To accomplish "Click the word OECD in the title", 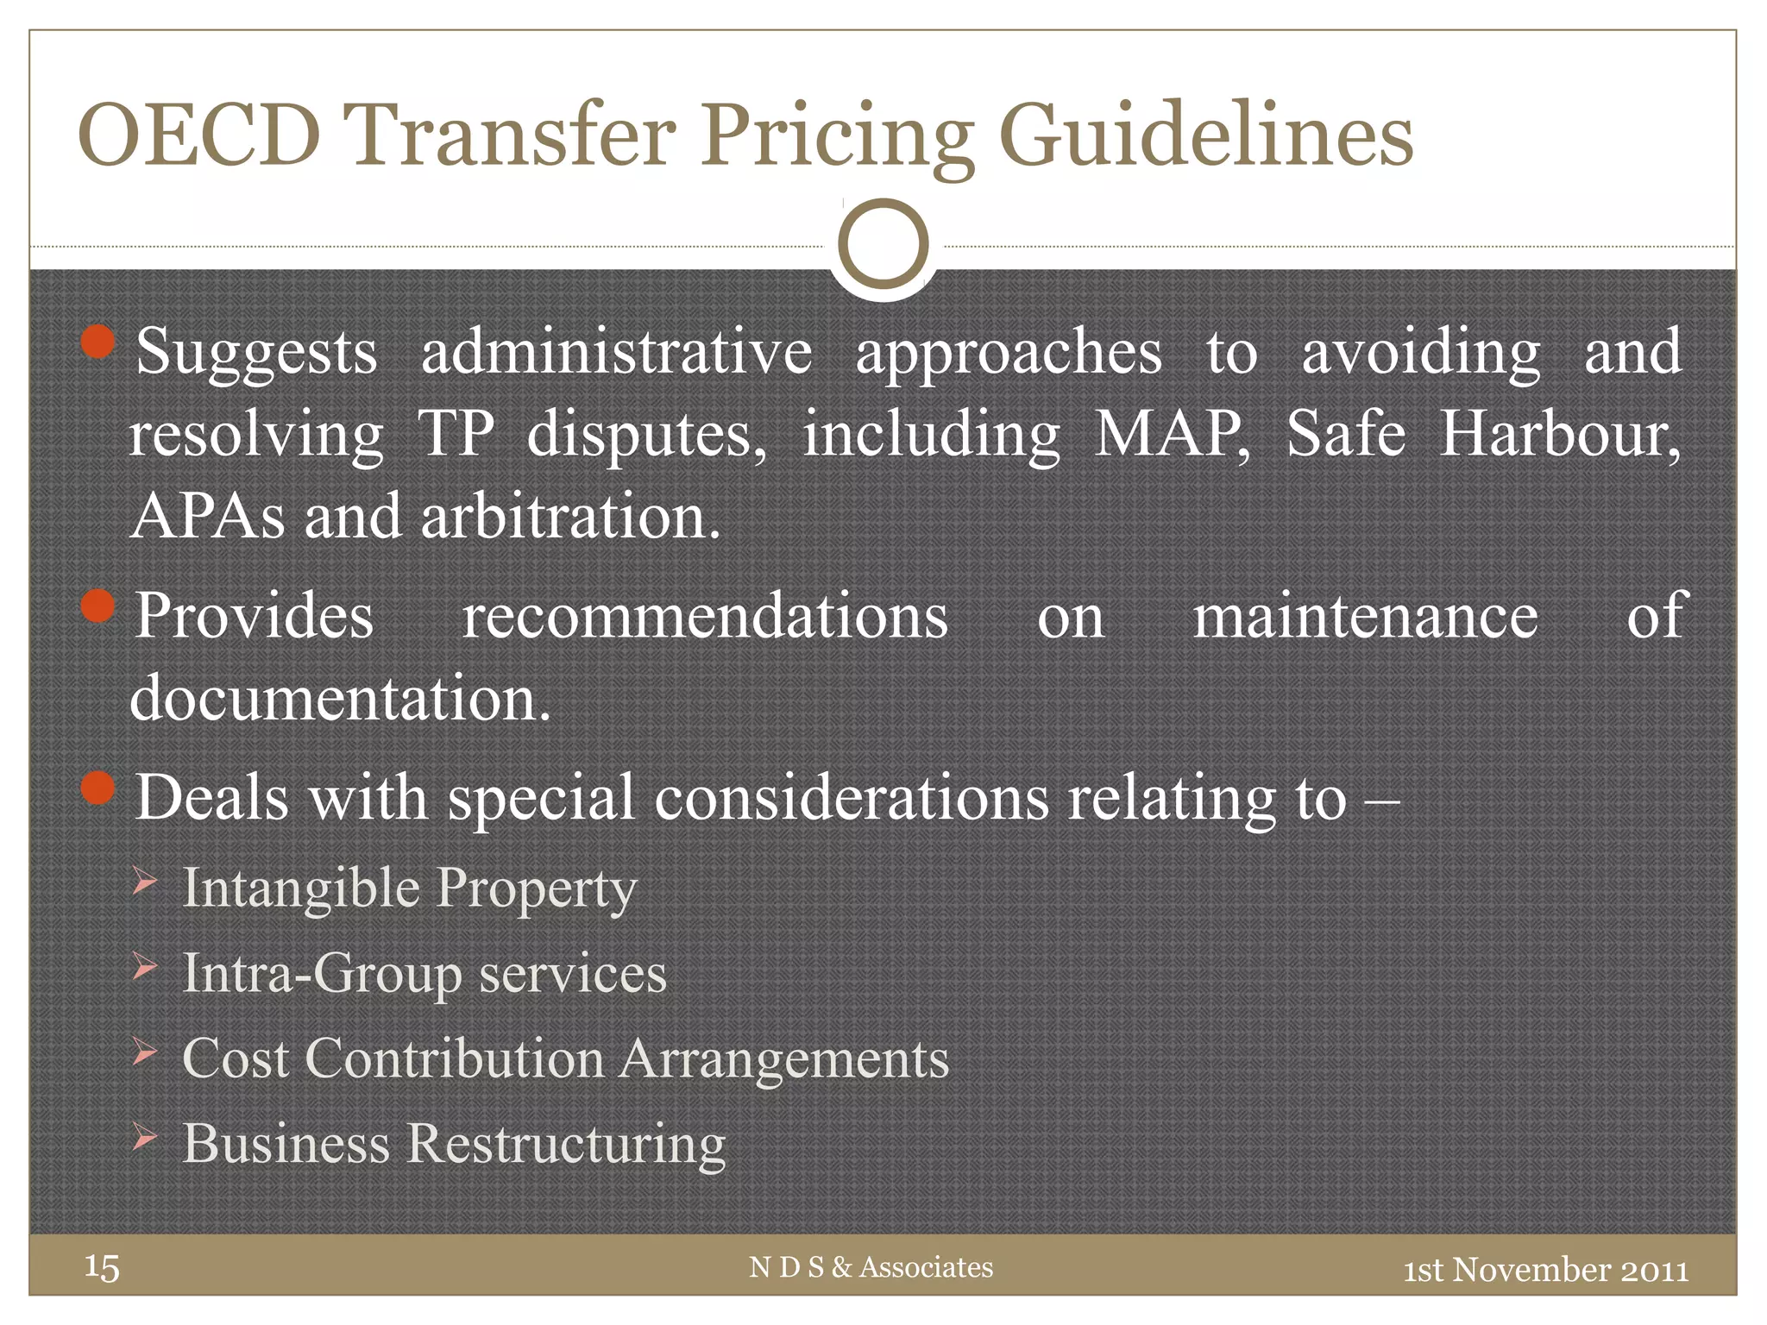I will [199, 135].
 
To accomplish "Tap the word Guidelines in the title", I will [1206, 136].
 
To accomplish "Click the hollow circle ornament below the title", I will [883, 244].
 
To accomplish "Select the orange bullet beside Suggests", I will [98, 342].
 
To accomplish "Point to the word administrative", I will [616, 352].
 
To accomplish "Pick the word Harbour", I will [1559, 433].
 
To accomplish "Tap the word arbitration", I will [569, 516].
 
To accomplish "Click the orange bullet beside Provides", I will [98, 606].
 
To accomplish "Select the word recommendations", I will [705, 616].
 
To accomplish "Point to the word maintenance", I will [1365, 616].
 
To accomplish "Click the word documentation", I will [339, 698].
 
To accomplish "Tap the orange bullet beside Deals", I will [98, 788].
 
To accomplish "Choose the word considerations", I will [852, 797].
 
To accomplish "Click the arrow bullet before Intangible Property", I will [145, 882].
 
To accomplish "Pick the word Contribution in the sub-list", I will [455, 1058].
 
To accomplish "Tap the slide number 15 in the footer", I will [102, 1267].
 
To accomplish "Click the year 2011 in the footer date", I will [1654, 1270].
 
